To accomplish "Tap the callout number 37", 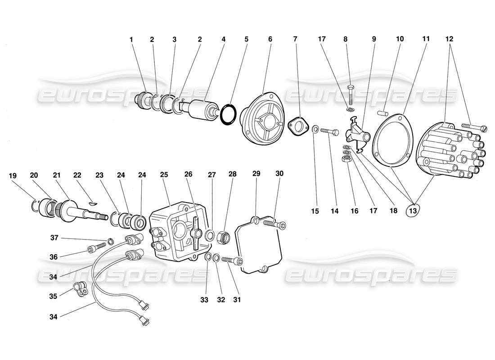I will click(x=54, y=238).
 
